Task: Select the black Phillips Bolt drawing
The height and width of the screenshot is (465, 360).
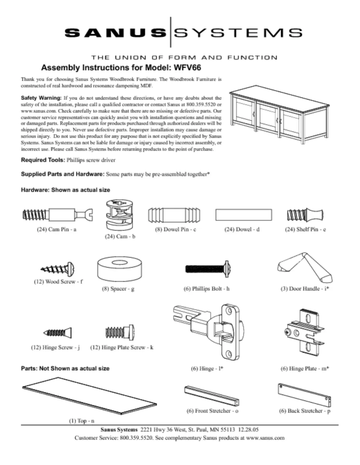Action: pyautogui.click(x=207, y=269)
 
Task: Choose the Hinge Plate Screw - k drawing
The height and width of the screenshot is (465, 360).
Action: pyautogui.click(x=119, y=332)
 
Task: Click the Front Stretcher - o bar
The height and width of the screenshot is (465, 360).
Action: pyautogui.click(x=211, y=395)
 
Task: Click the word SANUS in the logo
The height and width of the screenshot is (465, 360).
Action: pyautogui.click(x=115, y=32)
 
